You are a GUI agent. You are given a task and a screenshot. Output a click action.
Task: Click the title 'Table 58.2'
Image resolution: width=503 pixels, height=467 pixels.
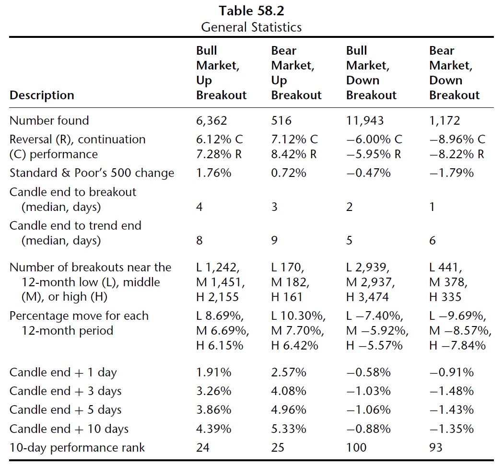click(251, 11)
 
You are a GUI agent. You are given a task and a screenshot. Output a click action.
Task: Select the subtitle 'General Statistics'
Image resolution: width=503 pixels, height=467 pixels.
click(251, 27)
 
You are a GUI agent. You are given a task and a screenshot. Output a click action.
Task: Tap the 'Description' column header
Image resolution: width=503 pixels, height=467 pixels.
click(42, 95)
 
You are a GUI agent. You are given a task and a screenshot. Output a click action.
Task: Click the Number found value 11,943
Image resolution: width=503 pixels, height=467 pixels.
click(365, 121)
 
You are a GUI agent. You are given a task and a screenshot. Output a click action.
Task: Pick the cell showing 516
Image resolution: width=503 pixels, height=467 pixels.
click(281, 121)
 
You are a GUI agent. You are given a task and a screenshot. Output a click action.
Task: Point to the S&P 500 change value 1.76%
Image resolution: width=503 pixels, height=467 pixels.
click(214, 173)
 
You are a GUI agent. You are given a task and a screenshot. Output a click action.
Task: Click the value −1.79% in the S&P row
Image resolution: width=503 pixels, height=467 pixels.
click(452, 173)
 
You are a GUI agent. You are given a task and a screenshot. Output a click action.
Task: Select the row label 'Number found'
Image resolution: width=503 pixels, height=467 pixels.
click(49, 121)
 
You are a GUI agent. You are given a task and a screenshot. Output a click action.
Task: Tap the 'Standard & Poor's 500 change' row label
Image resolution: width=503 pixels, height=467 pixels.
click(92, 173)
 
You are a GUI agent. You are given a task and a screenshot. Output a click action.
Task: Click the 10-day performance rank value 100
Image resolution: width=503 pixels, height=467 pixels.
click(356, 447)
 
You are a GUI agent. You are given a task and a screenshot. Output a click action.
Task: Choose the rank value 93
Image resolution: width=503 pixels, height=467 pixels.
click(436, 447)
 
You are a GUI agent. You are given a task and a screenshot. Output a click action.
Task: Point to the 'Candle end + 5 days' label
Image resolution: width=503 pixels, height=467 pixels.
click(65, 410)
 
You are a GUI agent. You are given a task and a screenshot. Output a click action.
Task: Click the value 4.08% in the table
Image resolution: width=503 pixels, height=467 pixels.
click(289, 391)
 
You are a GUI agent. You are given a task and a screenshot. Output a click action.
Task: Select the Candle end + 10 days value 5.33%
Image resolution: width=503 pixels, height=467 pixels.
click(289, 429)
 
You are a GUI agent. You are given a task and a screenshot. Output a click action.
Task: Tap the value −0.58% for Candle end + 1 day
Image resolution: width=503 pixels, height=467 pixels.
click(369, 373)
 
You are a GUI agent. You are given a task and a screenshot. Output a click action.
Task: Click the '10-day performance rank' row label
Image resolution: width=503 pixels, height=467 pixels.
click(77, 448)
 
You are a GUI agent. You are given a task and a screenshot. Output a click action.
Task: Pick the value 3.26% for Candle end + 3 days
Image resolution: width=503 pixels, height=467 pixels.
click(214, 391)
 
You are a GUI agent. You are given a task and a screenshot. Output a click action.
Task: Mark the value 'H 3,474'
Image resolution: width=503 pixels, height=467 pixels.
click(367, 297)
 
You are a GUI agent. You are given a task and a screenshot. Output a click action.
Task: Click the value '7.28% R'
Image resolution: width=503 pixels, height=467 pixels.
click(219, 154)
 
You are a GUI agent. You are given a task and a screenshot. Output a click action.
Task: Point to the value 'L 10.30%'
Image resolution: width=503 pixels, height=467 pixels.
click(298, 316)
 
